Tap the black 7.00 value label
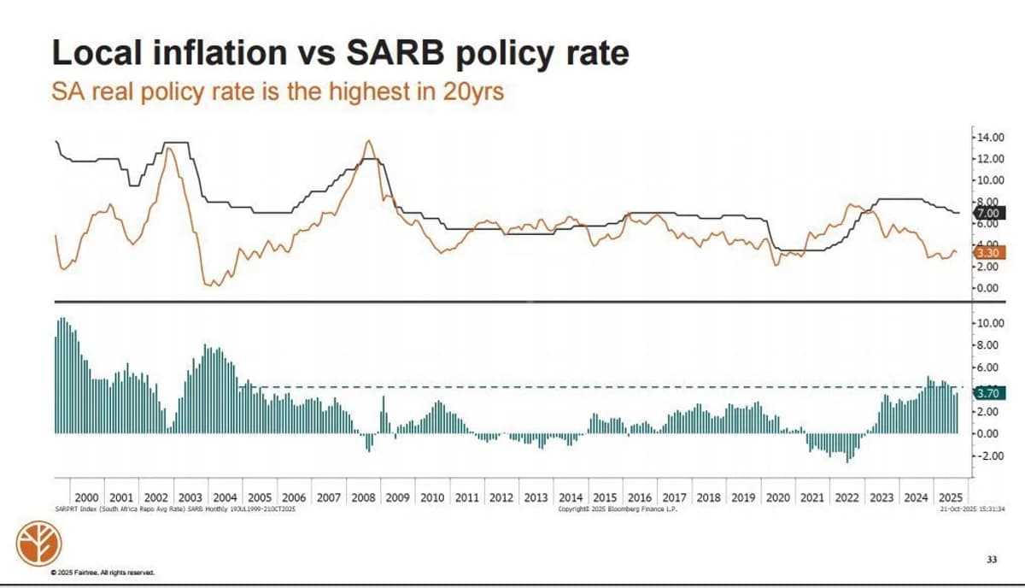click(x=987, y=212)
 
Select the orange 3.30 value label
click(x=987, y=252)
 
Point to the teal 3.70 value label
click(x=987, y=394)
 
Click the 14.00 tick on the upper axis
click(x=991, y=137)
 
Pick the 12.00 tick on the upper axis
click(x=991, y=159)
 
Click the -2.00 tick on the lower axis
click(x=991, y=456)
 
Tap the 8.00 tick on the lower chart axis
click(x=991, y=345)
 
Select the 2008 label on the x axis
click(x=363, y=497)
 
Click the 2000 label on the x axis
click(x=86, y=497)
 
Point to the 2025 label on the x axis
click(x=951, y=497)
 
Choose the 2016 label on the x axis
click(x=640, y=497)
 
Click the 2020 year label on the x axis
click(x=778, y=497)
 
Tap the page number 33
click(x=992, y=560)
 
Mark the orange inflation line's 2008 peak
click(x=368, y=141)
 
